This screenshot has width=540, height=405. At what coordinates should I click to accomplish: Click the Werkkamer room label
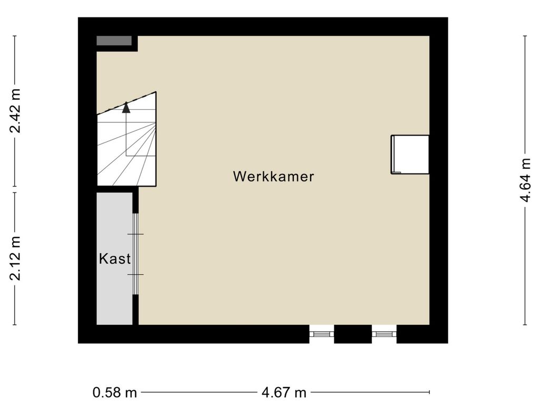coord(274,176)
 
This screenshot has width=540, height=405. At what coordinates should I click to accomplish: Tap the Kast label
coord(114,258)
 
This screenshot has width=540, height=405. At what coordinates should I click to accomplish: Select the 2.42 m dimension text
coord(15,111)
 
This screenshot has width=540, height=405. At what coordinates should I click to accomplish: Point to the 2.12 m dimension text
coord(15,258)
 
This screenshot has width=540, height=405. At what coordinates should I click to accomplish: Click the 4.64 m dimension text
coord(526,180)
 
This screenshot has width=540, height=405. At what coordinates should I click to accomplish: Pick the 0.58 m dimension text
coord(114,392)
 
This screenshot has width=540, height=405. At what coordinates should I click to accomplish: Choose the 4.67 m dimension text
coord(284,392)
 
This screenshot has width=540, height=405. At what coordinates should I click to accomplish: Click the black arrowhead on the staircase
coord(127,108)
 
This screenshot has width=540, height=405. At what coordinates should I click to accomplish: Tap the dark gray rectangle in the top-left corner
coord(114,41)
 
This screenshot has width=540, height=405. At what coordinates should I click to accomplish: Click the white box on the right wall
coord(410,155)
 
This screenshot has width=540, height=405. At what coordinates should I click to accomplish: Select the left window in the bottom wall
coord(322,334)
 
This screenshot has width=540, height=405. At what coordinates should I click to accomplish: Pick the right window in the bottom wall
coord(384,334)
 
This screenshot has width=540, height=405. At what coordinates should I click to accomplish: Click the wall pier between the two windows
coord(353,334)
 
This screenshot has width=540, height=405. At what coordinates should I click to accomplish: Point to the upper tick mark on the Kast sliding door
coord(136,234)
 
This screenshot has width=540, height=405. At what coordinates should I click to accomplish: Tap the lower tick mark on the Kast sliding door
coord(136,274)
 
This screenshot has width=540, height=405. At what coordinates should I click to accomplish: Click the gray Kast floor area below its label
coord(114,296)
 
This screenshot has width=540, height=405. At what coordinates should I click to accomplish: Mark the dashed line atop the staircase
coord(127,103)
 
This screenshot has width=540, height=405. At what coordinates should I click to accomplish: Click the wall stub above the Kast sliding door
coord(136,200)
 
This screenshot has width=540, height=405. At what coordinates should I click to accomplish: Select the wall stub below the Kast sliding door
coord(136,310)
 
